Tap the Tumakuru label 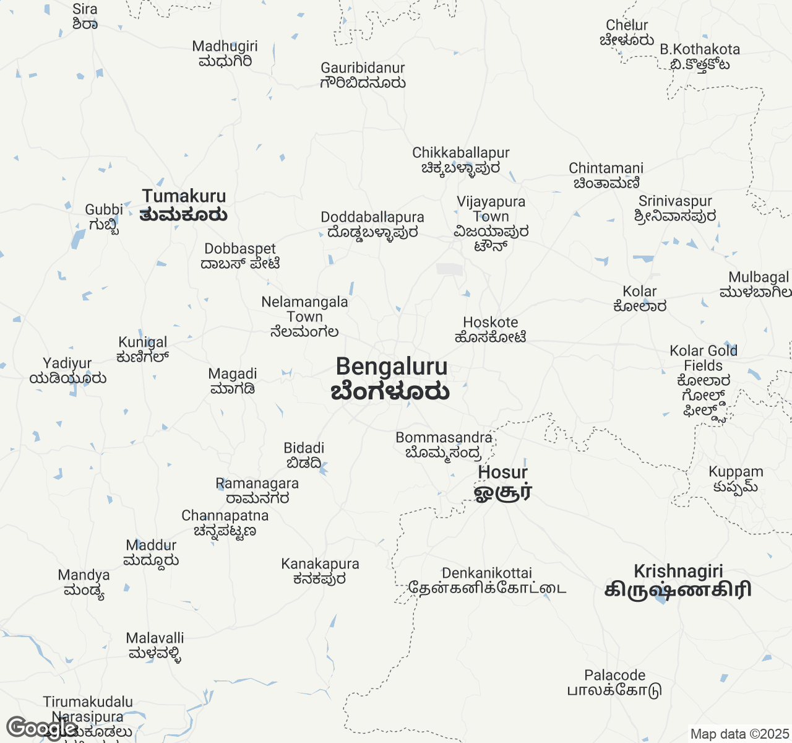point(184,205)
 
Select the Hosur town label point(503,482)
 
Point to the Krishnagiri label point(678,580)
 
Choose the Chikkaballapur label point(461,160)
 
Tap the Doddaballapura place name point(372,225)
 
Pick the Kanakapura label point(320,571)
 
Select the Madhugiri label point(225,54)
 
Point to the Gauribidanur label point(363,76)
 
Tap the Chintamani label point(606,176)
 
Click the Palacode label point(614,683)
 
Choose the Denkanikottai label point(487,581)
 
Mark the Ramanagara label point(257,491)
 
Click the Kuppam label point(736,479)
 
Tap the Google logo point(41,728)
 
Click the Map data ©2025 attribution point(739,734)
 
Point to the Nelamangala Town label point(304,316)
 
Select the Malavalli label point(155,646)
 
